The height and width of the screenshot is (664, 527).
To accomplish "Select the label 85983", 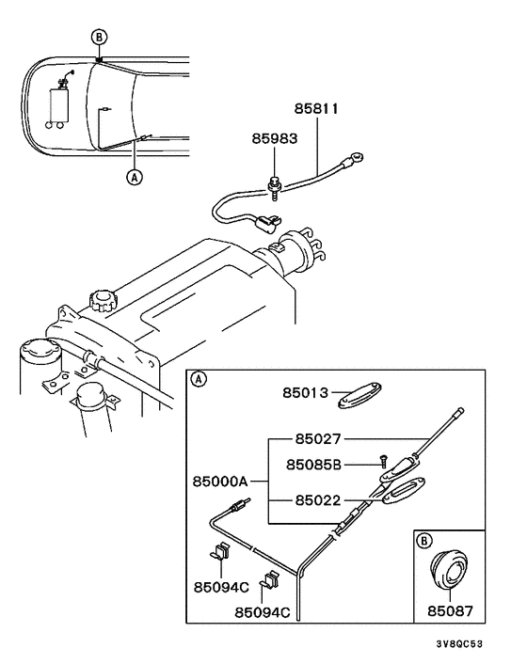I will [x=274, y=138].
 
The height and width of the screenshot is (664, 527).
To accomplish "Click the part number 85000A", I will [x=220, y=481].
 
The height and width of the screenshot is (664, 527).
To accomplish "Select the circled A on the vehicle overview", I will [x=134, y=175].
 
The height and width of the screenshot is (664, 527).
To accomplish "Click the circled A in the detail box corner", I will [x=198, y=380].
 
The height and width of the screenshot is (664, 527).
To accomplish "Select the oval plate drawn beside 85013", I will [x=367, y=394].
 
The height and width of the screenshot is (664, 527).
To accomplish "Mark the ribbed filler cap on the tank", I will [x=102, y=302].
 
